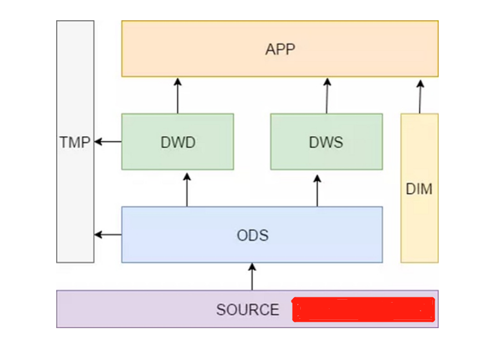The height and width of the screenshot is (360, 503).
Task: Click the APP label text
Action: (x=280, y=49)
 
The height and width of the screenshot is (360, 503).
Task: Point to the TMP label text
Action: (x=75, y=142)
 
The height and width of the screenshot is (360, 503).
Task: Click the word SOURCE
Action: (x=247, y=310)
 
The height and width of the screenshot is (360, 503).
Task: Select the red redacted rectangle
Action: (x=363, y=309)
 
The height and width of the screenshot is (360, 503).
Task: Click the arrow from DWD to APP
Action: (x=178, y=95)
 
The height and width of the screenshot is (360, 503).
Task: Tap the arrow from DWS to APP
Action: (x=327, y=95)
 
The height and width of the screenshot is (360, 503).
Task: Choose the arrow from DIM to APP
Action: (x=420, y=96)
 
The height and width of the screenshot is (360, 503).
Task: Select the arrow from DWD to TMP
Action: (x=108, y=141)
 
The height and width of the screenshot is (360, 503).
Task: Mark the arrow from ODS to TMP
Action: (x=108, y=235)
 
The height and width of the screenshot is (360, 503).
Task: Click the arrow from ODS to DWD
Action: (x=187, y=188)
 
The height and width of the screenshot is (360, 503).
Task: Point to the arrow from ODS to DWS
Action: (x=317, y=188)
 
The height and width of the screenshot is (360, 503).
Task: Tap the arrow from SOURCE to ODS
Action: (x=251, y=277)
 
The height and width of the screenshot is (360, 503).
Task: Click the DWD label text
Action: (x=178, y=142)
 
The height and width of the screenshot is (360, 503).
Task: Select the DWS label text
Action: (x=326, y=142)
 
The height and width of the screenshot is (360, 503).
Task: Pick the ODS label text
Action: (x=253, y=235)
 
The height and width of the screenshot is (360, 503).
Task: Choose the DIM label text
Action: (x=419, y=189)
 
